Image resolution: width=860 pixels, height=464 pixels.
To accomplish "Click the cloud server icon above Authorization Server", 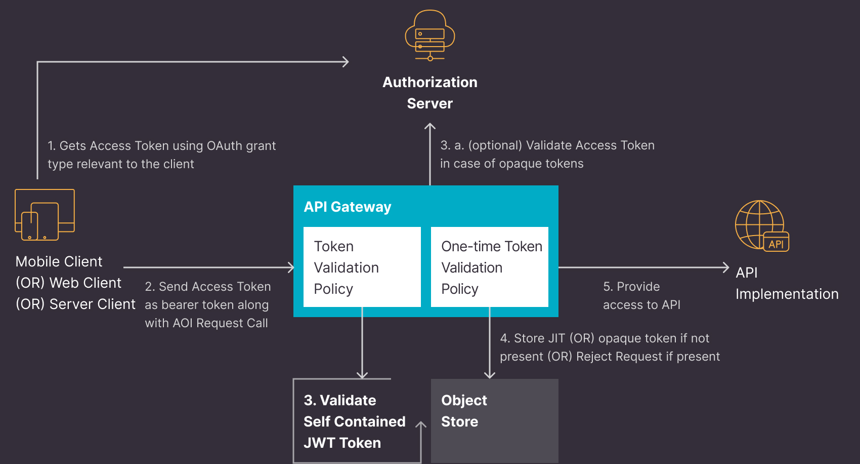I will [x=430, y=35].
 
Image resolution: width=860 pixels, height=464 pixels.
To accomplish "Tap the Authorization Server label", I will [x=430, y=93].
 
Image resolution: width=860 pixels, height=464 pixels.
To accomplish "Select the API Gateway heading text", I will [x=348, y=207].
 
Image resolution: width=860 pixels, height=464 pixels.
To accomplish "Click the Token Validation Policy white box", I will [x=362, y=267].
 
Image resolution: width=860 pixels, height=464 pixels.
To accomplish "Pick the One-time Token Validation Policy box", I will [x=490, y=267].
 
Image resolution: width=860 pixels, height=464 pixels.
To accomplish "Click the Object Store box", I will [x=495, y=420].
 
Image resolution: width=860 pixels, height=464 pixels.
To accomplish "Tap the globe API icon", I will [x=761, y=225].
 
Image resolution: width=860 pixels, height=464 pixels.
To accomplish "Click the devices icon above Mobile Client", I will [x=45, y=214].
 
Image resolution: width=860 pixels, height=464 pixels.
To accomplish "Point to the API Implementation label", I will [x=787, y=283].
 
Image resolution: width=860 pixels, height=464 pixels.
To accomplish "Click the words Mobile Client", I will [x=59, y=261].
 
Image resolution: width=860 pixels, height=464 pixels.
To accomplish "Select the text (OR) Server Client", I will [x=75, y=304].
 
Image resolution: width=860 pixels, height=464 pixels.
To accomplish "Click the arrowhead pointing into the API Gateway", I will [x=291, y=267].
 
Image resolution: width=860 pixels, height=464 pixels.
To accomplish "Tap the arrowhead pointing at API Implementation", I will [x=726, y=267].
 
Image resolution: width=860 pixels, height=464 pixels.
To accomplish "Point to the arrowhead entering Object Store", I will [x=490, y=375].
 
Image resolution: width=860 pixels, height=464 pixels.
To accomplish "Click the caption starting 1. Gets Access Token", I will [x=161, y=154].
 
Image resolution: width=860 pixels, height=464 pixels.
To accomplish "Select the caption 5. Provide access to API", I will [x=641, y=295].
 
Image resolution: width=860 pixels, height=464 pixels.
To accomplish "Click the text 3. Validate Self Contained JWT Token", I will [x=354, y=421].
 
